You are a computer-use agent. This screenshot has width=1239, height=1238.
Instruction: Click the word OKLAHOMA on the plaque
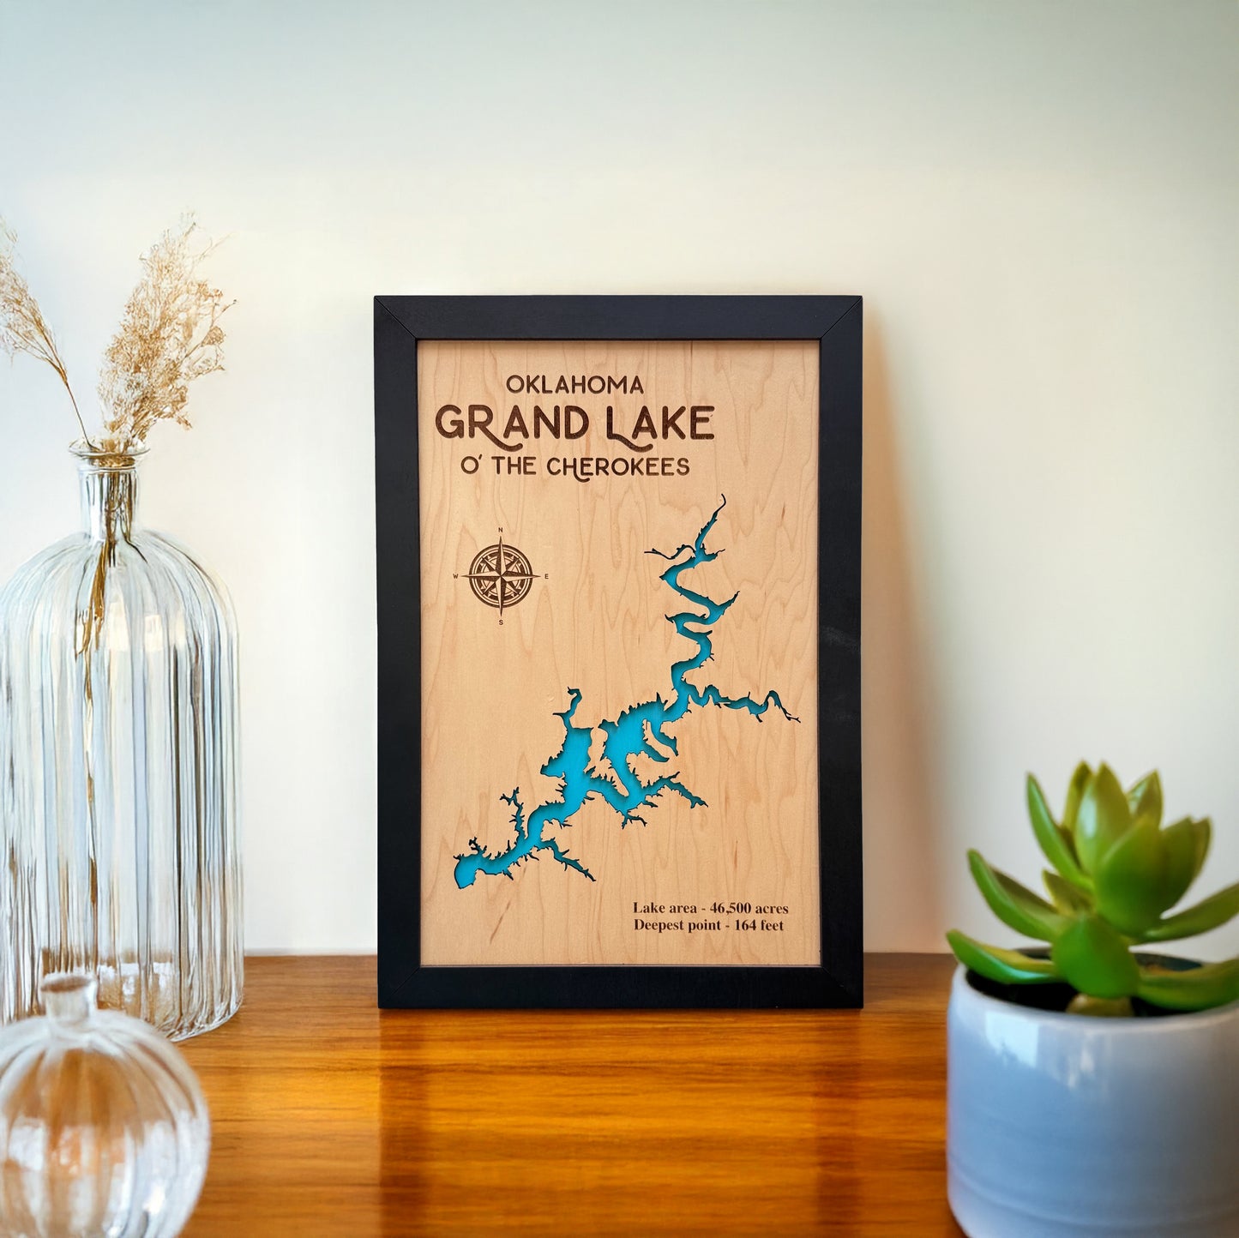click(574, 384)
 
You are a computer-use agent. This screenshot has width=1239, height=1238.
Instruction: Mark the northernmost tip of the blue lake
click(722, 497)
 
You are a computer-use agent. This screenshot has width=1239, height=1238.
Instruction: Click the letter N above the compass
click(501, 532)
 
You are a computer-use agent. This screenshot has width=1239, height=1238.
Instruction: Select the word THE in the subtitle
click(506, 467)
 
